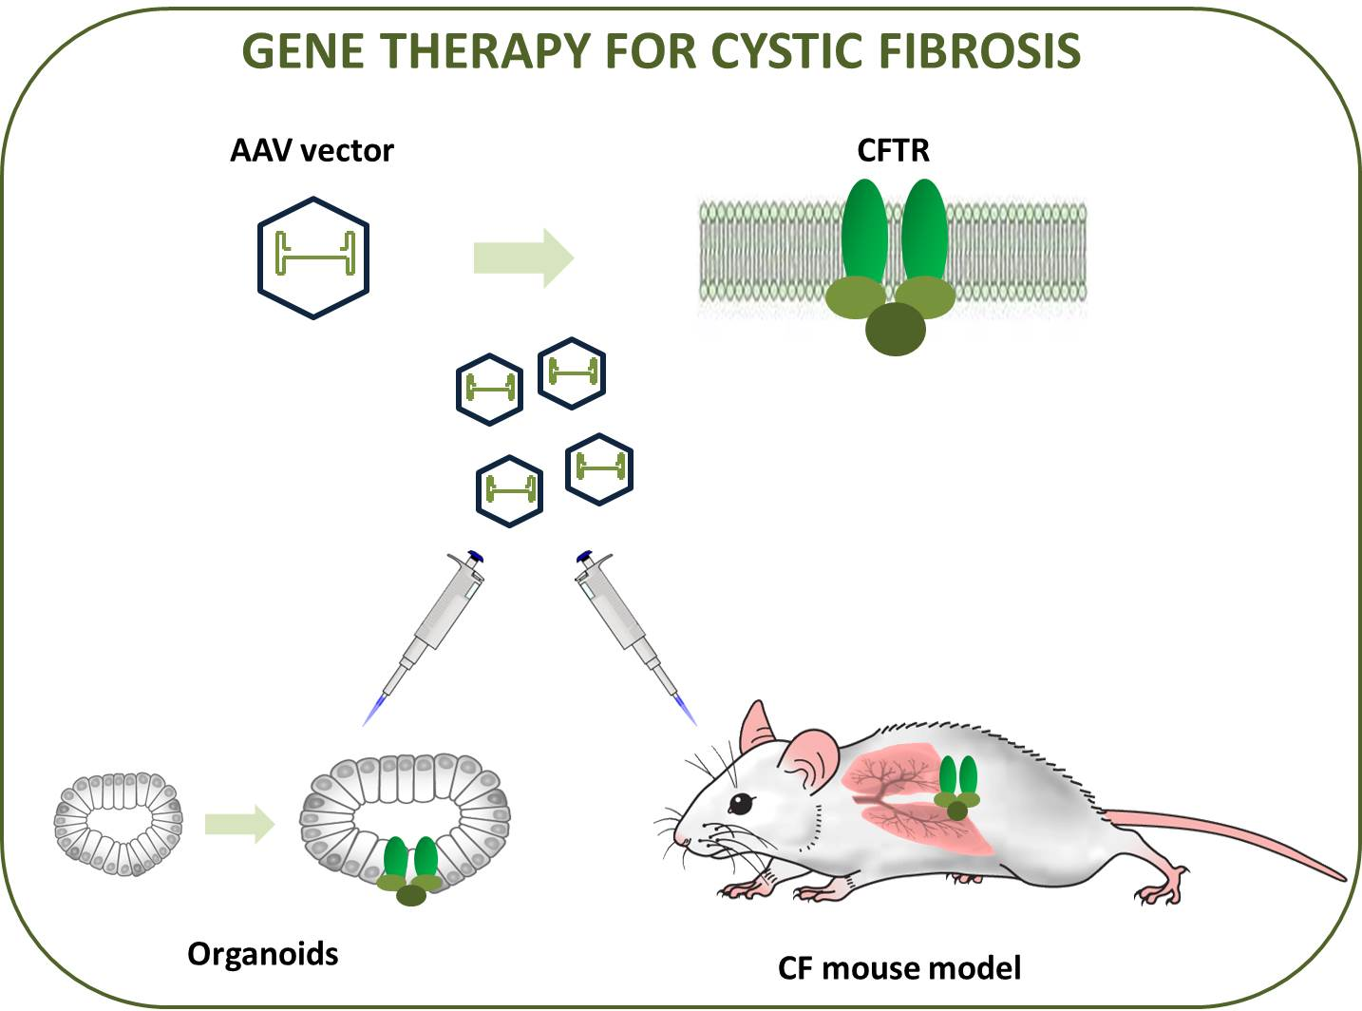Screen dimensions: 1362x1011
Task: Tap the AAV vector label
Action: pos(312,151)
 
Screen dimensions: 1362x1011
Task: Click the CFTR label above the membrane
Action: pos(893,150)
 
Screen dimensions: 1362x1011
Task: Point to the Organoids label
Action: pos(263,954)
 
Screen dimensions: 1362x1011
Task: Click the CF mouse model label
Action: pos(899,968)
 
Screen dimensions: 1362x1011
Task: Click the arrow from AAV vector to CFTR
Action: pos(523,258)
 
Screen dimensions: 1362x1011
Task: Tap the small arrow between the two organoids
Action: pos(239,824)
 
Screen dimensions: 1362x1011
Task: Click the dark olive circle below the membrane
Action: pos(896,330)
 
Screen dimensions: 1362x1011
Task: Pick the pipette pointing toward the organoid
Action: pos(424,636)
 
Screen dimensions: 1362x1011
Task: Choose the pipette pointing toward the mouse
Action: pos(635,636)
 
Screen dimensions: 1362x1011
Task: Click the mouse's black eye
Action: pos(742,804)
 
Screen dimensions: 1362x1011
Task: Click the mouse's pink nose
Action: pos(679,838)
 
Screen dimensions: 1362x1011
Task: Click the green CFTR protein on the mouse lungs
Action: pos(957,788)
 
